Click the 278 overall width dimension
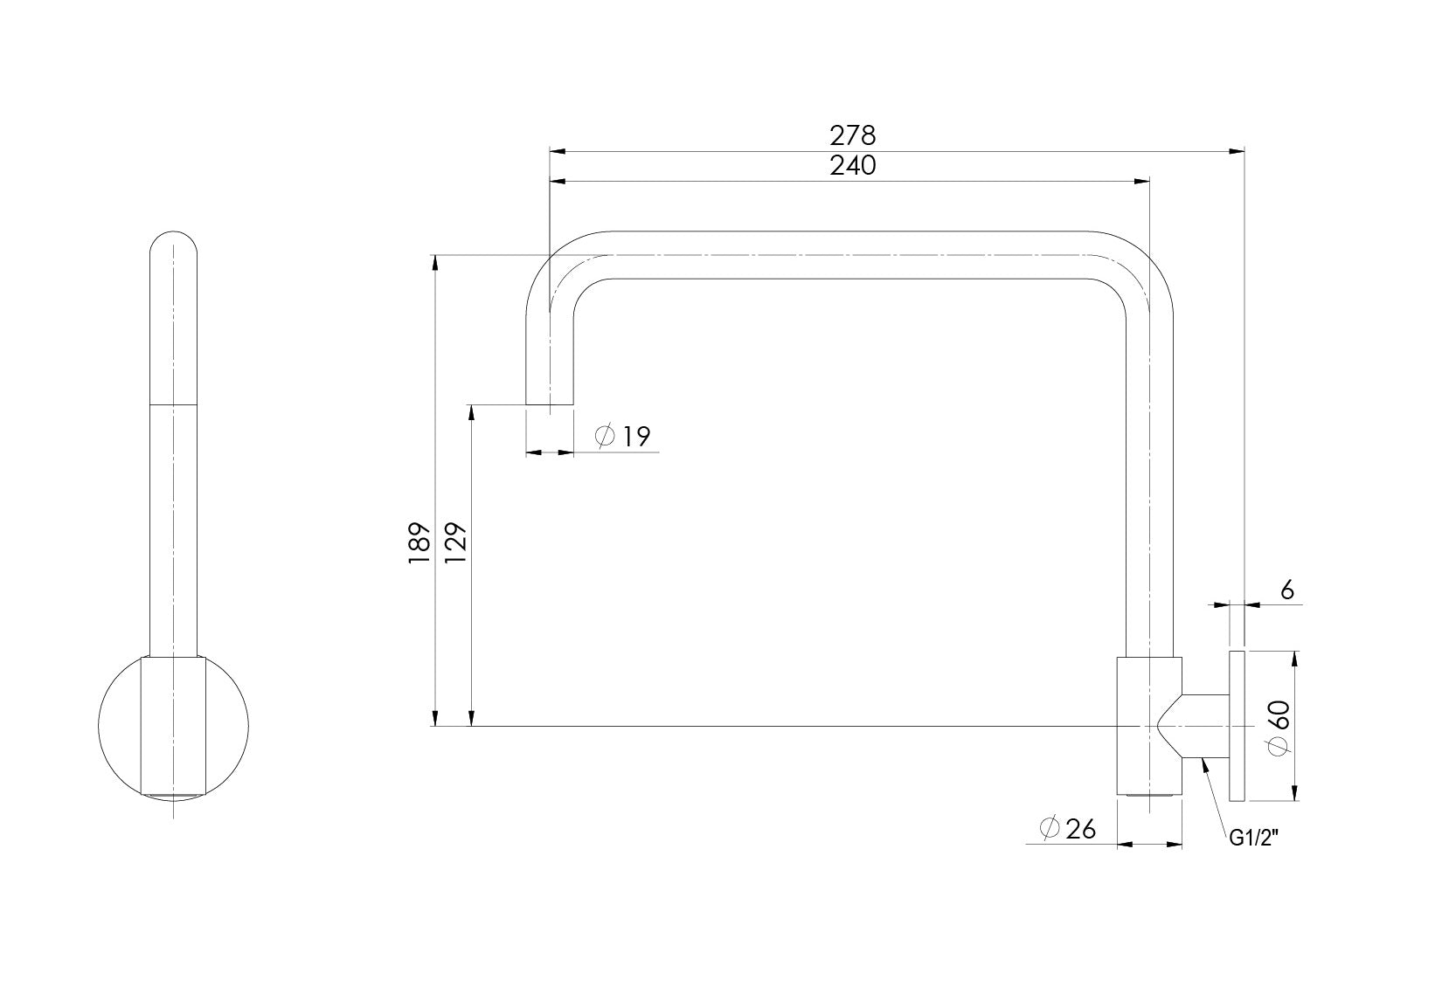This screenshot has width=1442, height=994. point(852,135)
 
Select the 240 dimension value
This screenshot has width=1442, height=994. point(852,166)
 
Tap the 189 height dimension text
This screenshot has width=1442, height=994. point(419,542)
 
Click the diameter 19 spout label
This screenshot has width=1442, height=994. point(635,435)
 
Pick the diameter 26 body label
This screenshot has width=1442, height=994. point(1080,827)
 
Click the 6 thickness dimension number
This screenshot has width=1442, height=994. point(1286,590)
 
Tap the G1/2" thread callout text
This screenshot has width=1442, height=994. point(1254,839)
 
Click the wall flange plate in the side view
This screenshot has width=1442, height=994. point(1237,725)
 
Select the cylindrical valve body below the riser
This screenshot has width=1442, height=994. point(1148,725)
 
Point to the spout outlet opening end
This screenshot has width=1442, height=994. point(549,404)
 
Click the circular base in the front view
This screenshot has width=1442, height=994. point(173,725)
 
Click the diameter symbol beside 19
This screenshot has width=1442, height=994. point(605,435)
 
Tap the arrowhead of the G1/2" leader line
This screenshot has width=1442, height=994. point(1205,763)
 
